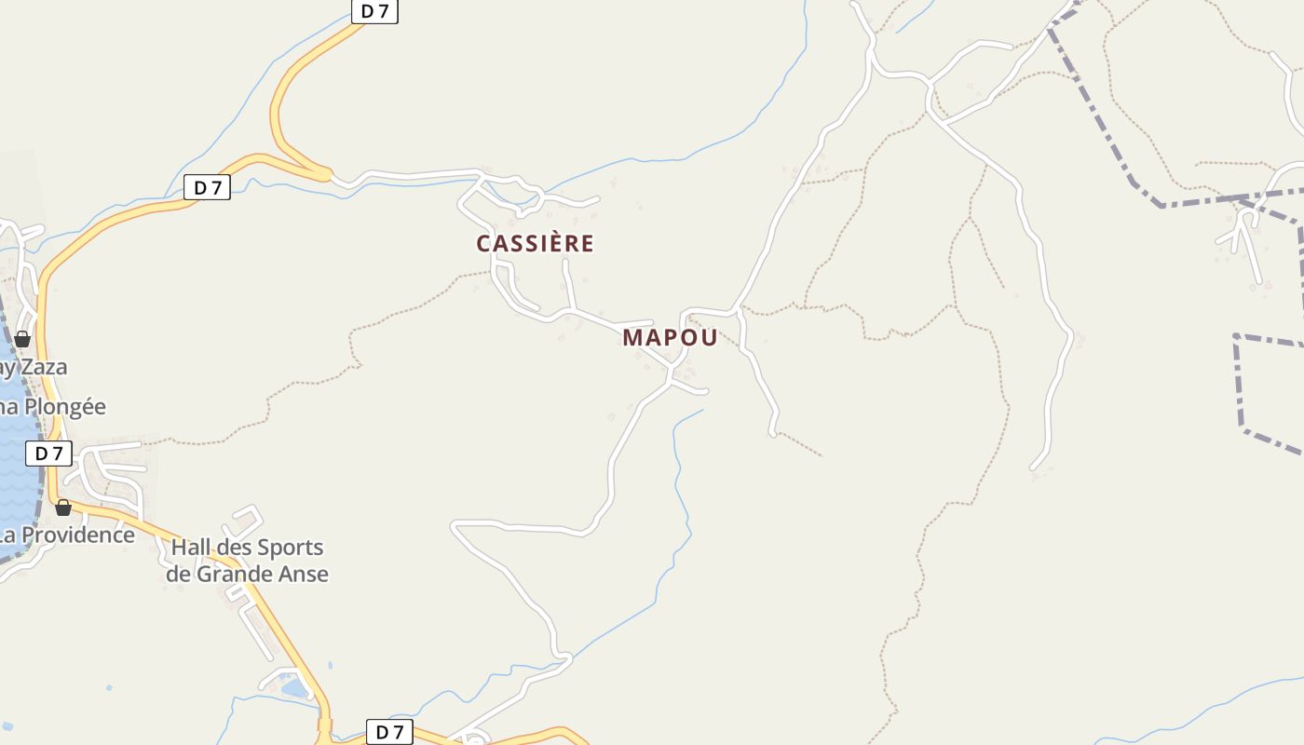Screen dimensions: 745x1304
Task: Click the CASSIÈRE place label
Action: click(x=535, y=244)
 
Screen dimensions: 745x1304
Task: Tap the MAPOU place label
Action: click(x=670, y=338)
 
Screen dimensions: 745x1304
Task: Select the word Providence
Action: click(x=78, y=535)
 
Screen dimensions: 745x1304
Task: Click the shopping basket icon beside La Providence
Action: click(x=63, y=508)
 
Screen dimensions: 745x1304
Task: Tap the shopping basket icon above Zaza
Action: click(x=22, y=338)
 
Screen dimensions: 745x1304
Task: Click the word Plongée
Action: click(x=65, y=407)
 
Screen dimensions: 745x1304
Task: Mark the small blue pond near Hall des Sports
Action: click(x=294, y=688)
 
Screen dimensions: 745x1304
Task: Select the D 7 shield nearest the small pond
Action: click(x=389, y=732)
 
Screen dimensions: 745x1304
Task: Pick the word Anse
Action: click(x=304, y=574)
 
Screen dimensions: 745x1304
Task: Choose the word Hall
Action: click(x=191, y=547)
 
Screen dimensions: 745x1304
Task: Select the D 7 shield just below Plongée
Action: click(x=48, y=454)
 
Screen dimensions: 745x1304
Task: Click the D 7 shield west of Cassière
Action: click(x=207, y=187)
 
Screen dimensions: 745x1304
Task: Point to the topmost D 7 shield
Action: click(x=374, y=11)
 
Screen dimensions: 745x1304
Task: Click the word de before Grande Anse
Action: click(x=178, y=574)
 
